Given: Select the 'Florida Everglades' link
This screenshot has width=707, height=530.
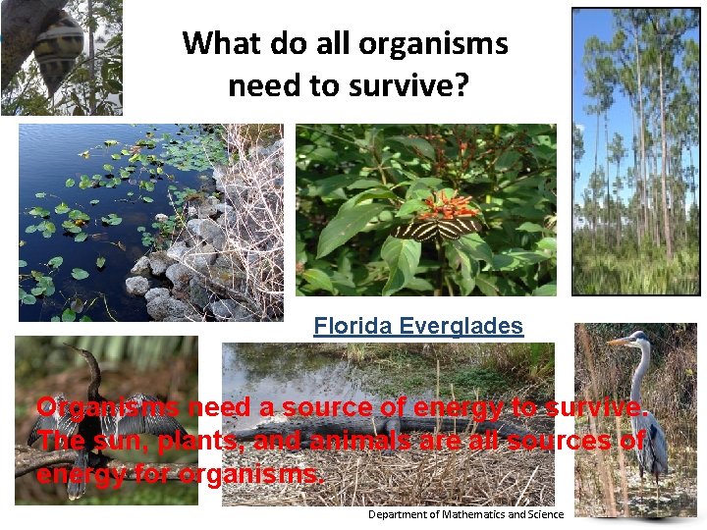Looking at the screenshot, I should click(x=418, y=326).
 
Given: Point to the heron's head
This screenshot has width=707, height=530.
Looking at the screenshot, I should click(x=639, y=340).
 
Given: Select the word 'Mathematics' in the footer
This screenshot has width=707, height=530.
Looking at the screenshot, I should click(x=478, y=514).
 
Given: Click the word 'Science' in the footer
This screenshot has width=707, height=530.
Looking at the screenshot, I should click(x=545, y=514).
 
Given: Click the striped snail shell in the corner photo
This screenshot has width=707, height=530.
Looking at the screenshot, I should click(x=59, y=49).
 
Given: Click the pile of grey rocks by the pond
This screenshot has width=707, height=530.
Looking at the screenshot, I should click(x=177, y=265).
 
